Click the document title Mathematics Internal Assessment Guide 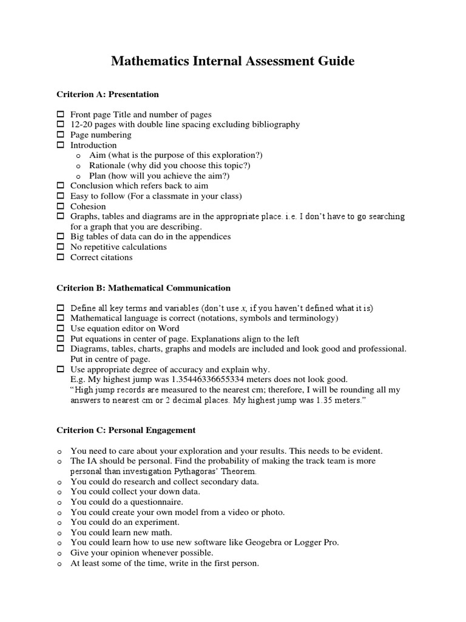point(232,61)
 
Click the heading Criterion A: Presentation point(107,94)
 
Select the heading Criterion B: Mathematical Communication point(143,287)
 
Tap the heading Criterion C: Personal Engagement point(126,430)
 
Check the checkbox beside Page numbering point(60,135)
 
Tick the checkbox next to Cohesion point(60,207)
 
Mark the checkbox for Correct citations point(60,258)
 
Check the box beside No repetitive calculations point(60,247)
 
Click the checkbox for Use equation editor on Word point(60,329)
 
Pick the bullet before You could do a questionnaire point(59,502)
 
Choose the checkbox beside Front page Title point(60,114)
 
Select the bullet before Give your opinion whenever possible point(59,553)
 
